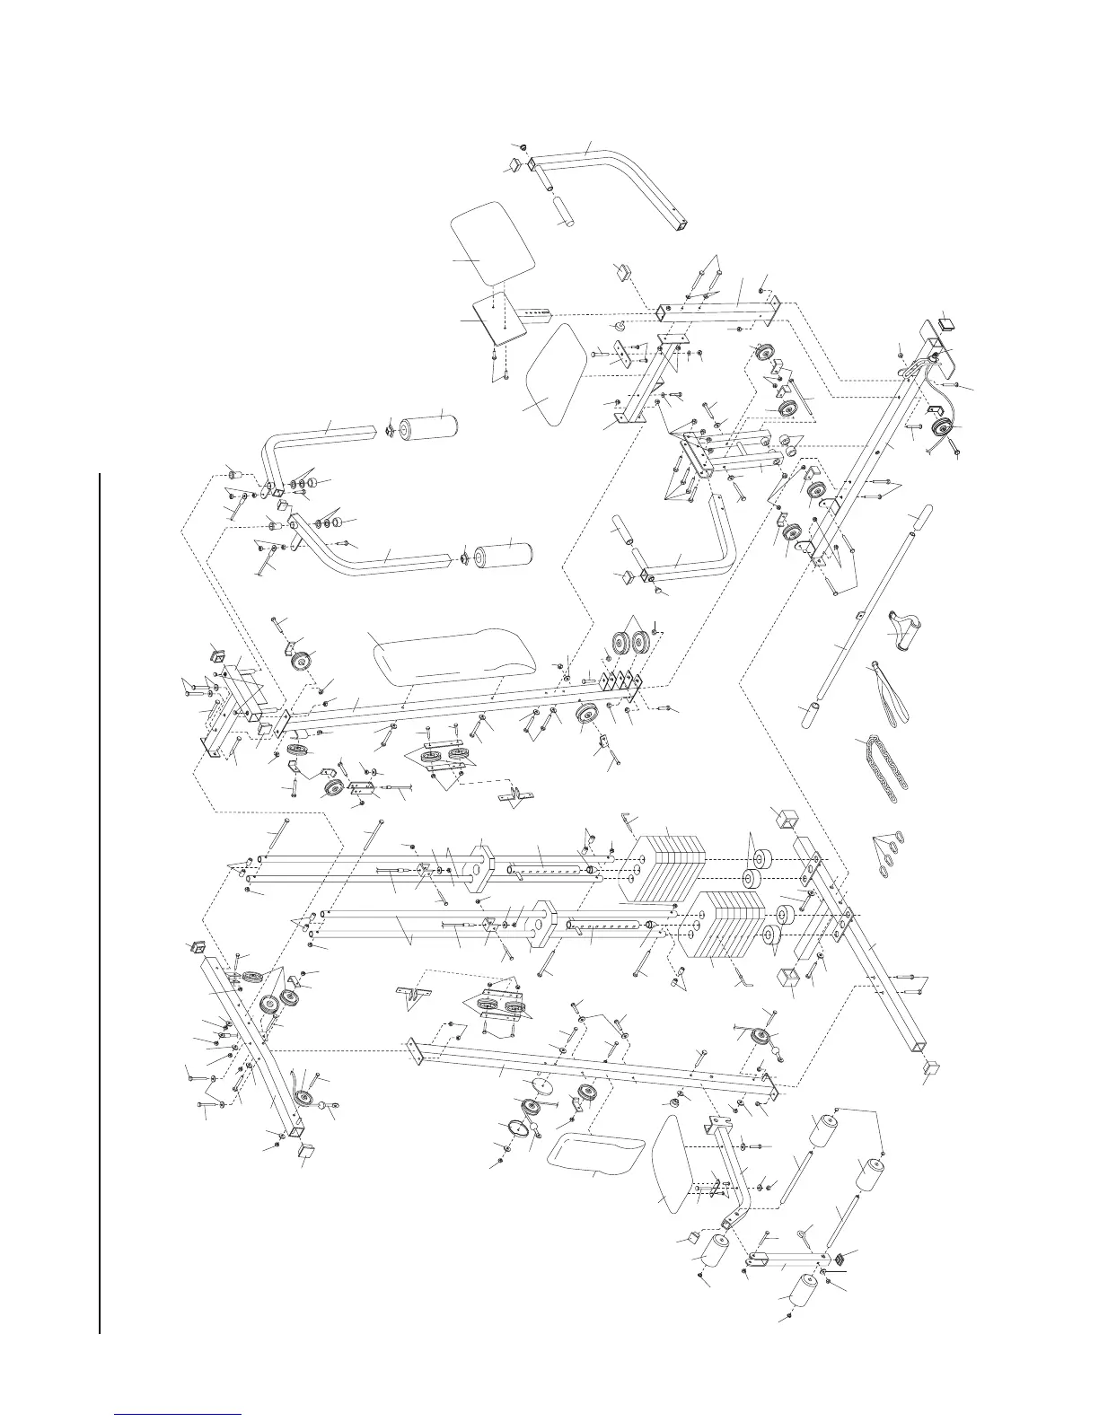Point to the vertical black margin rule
[x=100, y=898]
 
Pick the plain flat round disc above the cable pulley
[x=542, y=1084]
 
